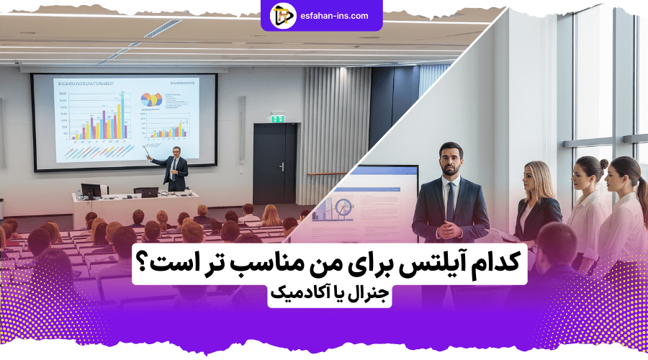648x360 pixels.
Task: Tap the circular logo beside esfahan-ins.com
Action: [283, 15]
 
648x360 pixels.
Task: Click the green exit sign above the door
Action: [278, 119]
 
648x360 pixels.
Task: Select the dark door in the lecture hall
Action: [274, 163]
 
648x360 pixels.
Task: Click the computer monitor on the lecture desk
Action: [91, 191]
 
